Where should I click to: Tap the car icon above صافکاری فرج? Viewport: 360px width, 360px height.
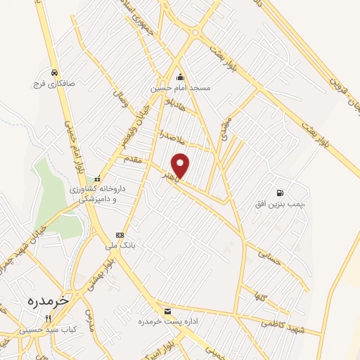pyautogui.click(x=54, y=72)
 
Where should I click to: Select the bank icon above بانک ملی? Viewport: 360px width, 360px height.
pyautogui.click(x=120, y=235)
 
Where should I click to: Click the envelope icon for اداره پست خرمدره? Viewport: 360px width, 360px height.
pyautogui.click(x=167, y=311)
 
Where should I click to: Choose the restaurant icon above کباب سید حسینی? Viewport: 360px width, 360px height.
pyautogui.click(x=48, y=318)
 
